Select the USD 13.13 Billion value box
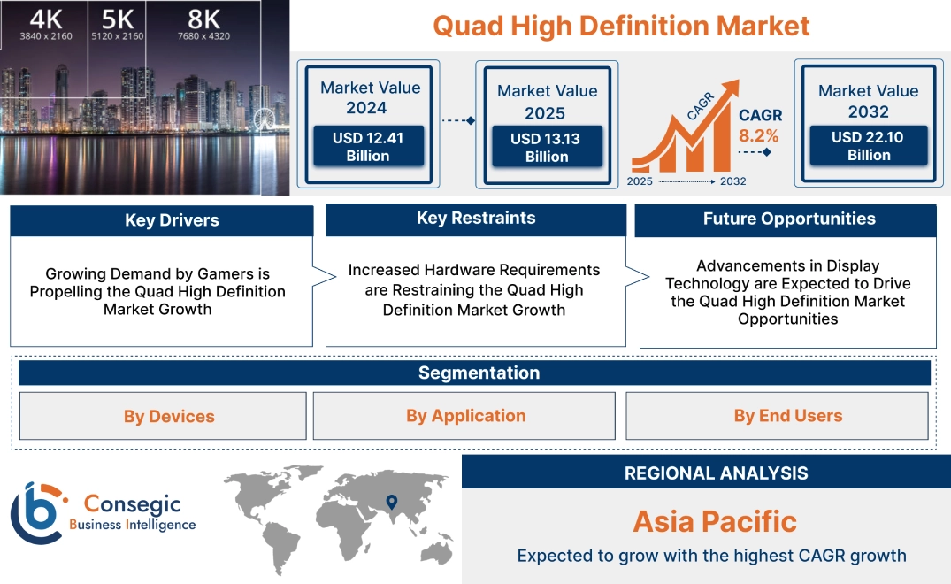pos(547,148)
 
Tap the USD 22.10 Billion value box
pos(869,146)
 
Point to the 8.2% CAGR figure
pos(759,135)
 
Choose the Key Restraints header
pos(476,219)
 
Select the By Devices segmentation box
pos(169,416)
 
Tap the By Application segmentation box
pos(466,416)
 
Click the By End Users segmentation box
pos(787,416)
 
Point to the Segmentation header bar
pos(479,373)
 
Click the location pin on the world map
pos(391,503)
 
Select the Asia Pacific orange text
pos(715,521)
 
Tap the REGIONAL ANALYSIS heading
pos(716,473)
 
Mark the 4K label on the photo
pos(46,19)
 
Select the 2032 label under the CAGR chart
pos(732,181)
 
